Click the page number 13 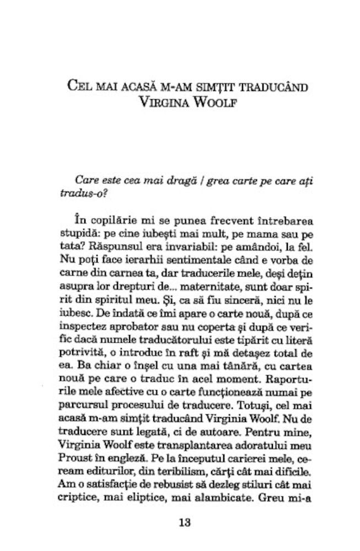coord(184,523)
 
